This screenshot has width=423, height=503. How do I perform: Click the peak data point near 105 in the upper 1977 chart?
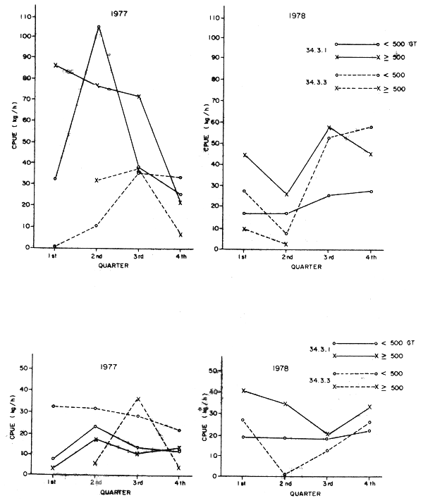98,27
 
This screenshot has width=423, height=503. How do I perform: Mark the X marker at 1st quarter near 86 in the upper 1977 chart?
56,65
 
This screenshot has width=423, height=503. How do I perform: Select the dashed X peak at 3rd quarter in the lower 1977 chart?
138,399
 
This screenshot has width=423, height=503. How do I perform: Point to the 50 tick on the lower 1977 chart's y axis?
25,368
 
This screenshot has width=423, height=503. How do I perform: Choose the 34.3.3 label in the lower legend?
320,380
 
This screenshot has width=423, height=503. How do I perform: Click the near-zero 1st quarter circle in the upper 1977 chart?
54,246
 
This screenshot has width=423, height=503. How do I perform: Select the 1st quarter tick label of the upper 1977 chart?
54,257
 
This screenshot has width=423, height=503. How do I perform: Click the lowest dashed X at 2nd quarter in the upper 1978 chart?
286,244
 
